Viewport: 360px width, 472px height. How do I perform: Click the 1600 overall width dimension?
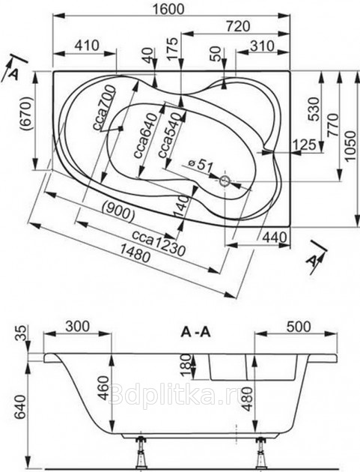pyautogui.click(x=168, y=9)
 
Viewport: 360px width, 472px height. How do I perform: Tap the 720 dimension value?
pyautogui.click(x=238, y=26)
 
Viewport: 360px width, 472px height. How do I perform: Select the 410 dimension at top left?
pyautogui.click(x=87, y=45)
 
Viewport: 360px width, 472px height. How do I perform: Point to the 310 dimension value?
pyautogui.click(x=262, y=46)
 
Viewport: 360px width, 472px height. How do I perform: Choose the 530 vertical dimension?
pyautogui.click(x=314, y=109)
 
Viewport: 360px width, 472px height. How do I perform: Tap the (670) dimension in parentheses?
pyautogui.click(x=26, y=113)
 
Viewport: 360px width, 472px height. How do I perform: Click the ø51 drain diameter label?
pyautogui.click(x=201, y=166)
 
